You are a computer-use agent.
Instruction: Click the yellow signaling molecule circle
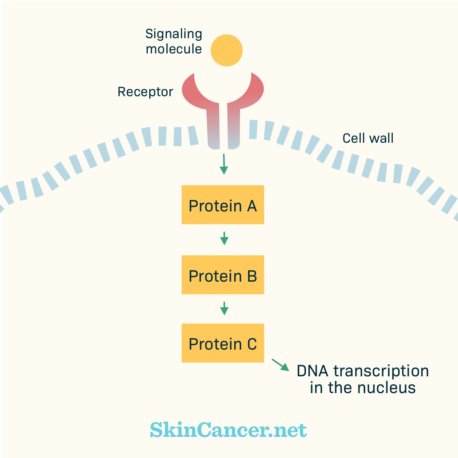(x=226, y=50)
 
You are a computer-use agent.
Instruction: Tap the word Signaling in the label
(x=174, y=34)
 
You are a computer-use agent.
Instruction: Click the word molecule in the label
(x=174, y=49)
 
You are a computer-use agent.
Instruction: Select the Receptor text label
(x=145, y=92)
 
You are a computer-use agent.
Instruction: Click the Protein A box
(x=223, y=205)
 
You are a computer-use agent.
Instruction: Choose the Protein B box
(x=223, y=275)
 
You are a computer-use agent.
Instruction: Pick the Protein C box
(x=223, y=343)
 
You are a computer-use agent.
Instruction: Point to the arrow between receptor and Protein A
(x=224, y=164)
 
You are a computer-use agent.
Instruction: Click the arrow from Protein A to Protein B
(x=224, y=238)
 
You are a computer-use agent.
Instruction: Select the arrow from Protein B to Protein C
(x=224, y=308)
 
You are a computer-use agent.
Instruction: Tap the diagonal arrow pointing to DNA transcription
(x=281, y=365)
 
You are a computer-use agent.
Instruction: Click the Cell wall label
(x=368, y=138)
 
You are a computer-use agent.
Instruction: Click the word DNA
(x=313, y=371)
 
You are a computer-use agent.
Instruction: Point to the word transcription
(x=381, y=371)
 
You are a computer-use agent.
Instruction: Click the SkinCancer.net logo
(x=228, y=430)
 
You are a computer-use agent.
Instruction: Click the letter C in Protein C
(x=252, y=344)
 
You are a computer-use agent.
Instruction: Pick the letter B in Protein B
(x=252, y=276)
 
